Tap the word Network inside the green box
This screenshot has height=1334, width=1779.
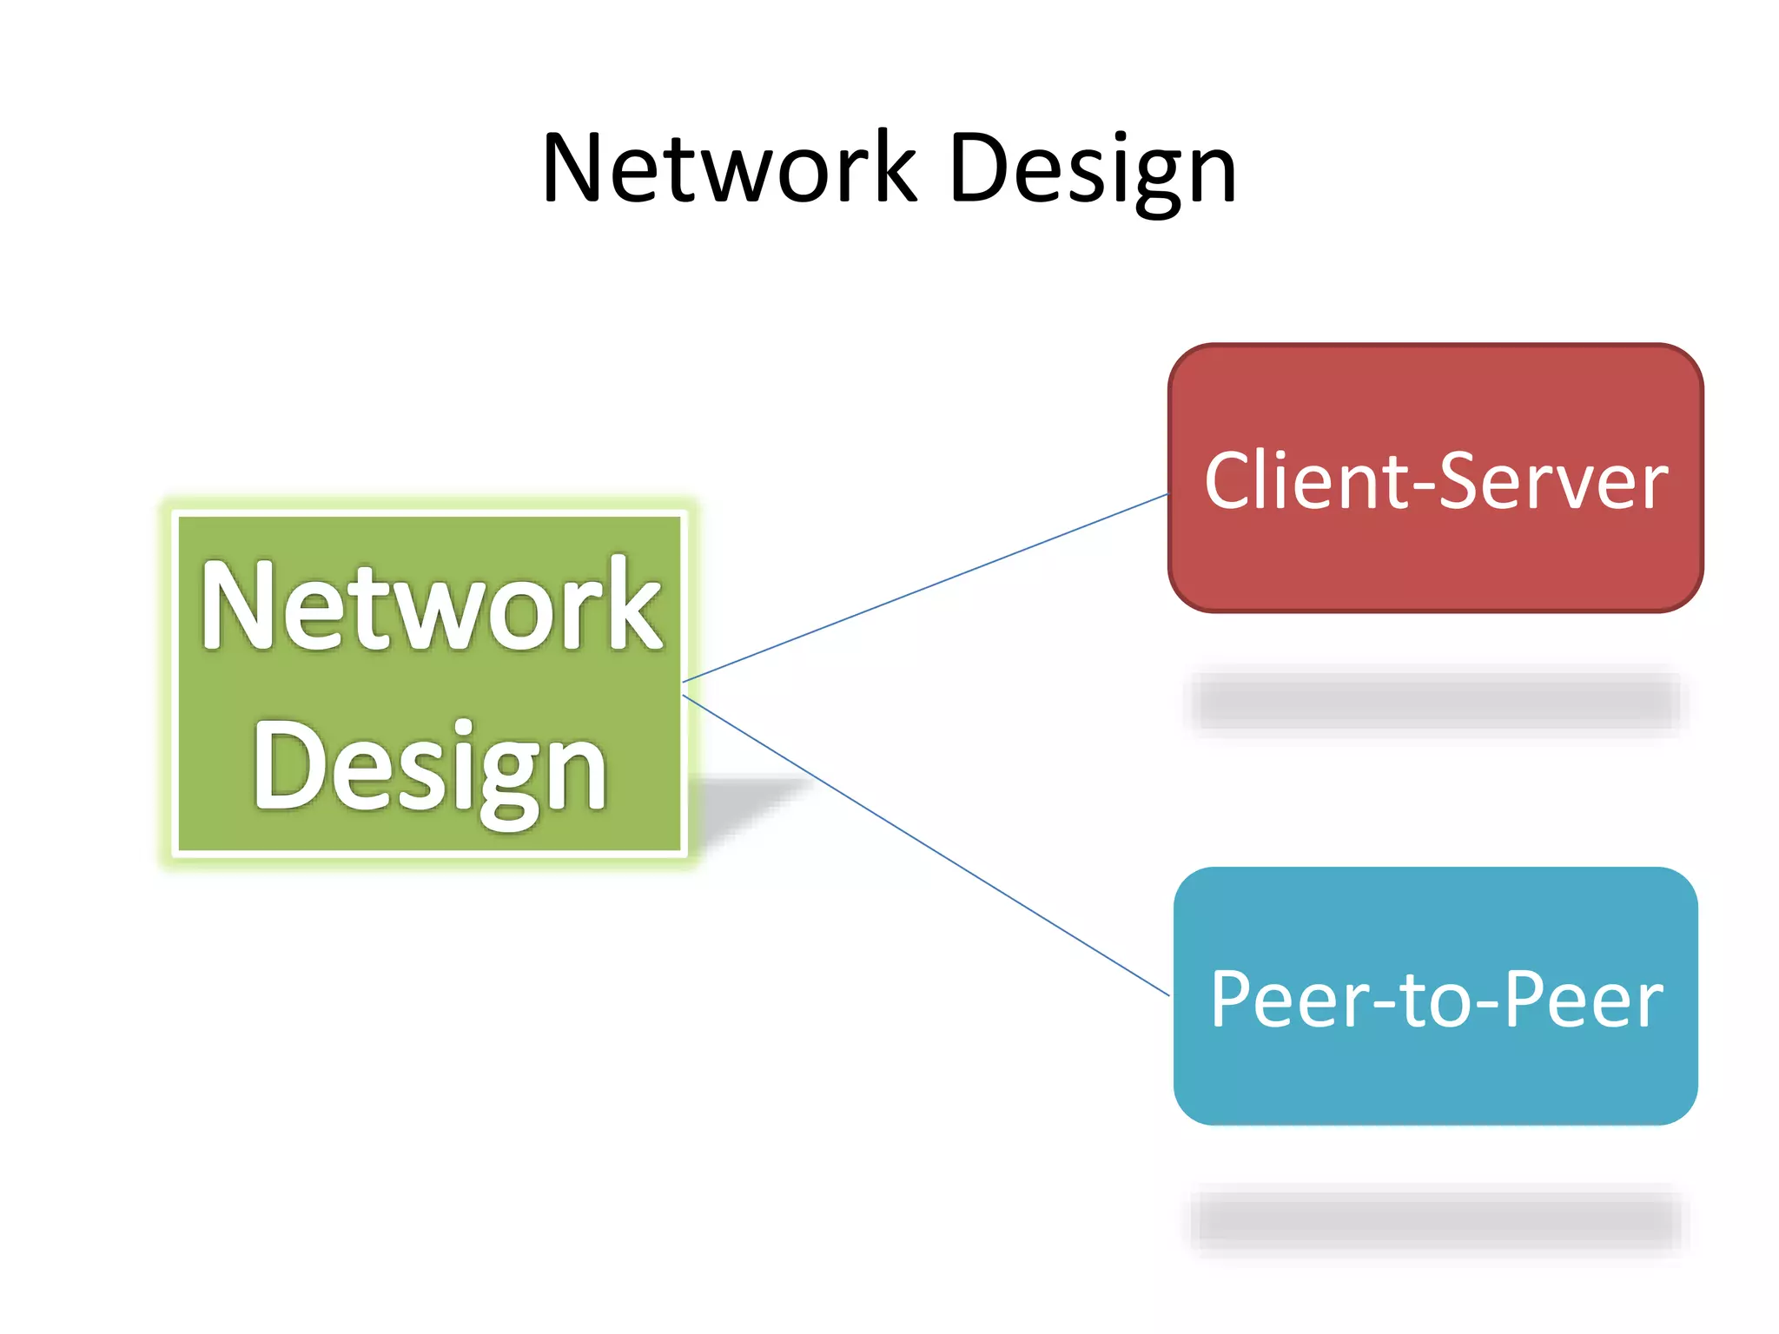431,605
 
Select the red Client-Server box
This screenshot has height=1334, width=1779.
1435,556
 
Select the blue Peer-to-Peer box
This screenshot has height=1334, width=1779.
1435,1077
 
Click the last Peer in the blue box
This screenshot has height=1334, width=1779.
1583,1000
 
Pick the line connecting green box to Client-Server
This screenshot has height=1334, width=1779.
925,588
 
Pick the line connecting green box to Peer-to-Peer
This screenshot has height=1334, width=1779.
925,844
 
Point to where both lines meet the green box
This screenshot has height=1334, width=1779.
684,688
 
